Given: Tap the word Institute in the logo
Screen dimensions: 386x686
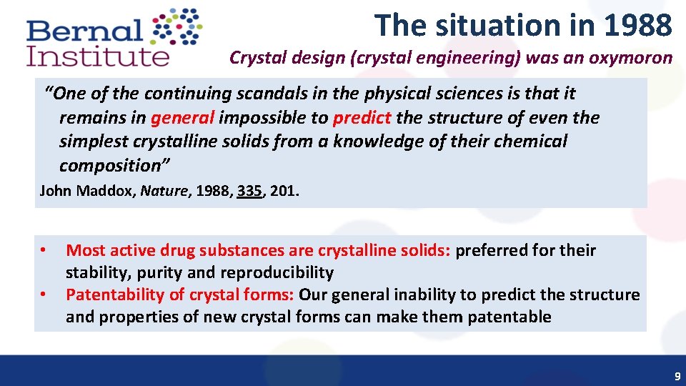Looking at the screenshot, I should coord(98,56).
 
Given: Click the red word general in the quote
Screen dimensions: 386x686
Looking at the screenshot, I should coord(182,118).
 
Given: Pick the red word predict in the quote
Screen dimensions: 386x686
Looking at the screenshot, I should coord(362,118).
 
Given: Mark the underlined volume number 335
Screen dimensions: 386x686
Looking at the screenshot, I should coord(249,191).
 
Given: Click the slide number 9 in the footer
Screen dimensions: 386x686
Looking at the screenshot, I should coord(677,376).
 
